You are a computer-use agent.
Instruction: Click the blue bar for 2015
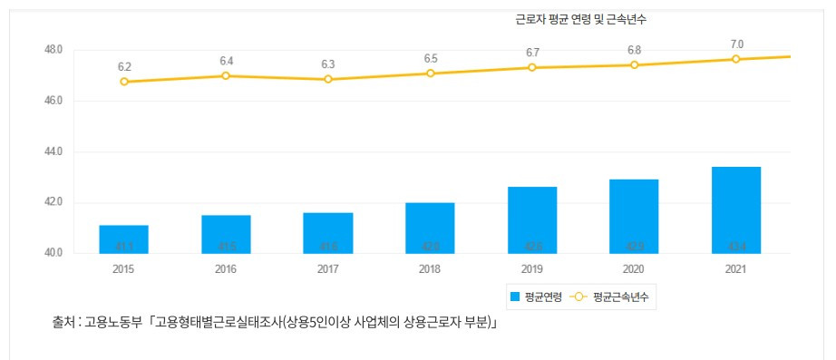123,239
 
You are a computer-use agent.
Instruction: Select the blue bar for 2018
430,228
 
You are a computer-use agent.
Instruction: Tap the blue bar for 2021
735,210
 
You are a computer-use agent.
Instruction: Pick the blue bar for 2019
531,219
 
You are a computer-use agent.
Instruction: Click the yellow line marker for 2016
226,76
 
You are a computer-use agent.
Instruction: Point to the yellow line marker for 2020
634,65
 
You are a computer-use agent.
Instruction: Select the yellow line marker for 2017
328,80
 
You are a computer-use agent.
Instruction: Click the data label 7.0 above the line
736,44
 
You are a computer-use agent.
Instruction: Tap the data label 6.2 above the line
124,67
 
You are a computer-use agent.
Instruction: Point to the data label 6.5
431,59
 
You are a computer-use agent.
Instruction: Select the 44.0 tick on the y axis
53,151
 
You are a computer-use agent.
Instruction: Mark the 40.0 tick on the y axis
53,253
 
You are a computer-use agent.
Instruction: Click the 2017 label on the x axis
328,269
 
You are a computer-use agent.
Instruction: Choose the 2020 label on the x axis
634,269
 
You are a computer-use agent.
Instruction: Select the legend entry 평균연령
538,297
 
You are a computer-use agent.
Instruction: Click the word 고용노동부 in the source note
114,322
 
